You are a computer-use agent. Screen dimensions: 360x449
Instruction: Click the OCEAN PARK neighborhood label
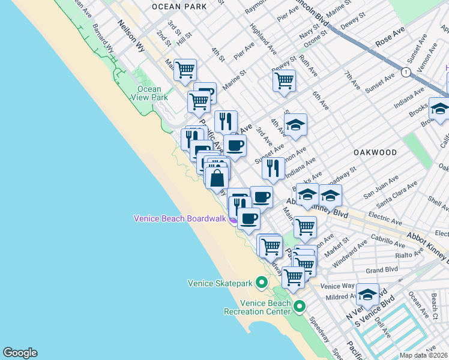pyautogui.click(x=179, y=7)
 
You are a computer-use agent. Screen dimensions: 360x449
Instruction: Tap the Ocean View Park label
pyautogui.click(x=149, y=93)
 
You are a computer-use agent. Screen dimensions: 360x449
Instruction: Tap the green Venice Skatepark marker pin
pyautogui.click(x=261, y=281)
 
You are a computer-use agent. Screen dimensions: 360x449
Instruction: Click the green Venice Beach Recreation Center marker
pyautogui.click(x=300, y=307)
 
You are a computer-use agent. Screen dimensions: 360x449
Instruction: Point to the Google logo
pyautogui.click(x=20, y=353)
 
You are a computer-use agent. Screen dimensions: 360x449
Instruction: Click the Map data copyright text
pyautogui.click(x=424, y=355)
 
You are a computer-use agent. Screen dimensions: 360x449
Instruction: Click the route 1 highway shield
pyautogui.click(x=406, y=72)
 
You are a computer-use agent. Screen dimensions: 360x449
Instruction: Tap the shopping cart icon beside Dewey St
pyautogui.click(x=284, y=79)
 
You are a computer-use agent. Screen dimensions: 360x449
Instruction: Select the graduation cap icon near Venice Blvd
pyautogui.click(x=367, y=295)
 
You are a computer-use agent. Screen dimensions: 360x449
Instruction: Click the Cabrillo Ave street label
pyautogui.click(x=388, y=245)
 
